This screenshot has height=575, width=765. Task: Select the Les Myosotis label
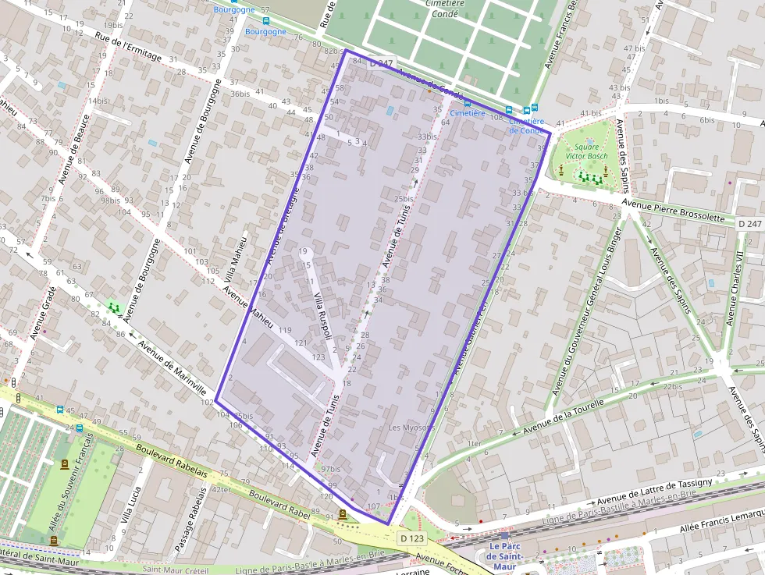pos(411,428)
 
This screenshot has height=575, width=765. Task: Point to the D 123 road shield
pos(413,538)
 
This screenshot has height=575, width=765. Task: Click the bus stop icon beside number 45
pos(59,409)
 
